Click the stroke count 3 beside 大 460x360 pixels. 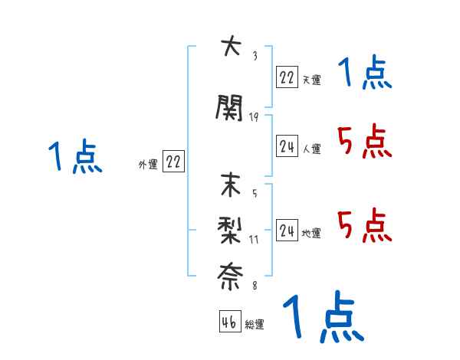tap(254, 55)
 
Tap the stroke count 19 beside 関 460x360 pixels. tap(254, 116)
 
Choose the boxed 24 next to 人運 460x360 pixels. tap(287, 146)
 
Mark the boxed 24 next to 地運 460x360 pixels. tap(287, 230)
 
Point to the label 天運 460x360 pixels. tap(311, 80)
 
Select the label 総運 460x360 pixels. tap(255, 325)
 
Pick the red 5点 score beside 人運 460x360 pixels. tap(364, 142)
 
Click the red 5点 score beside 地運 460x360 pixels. tap(364, 225)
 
